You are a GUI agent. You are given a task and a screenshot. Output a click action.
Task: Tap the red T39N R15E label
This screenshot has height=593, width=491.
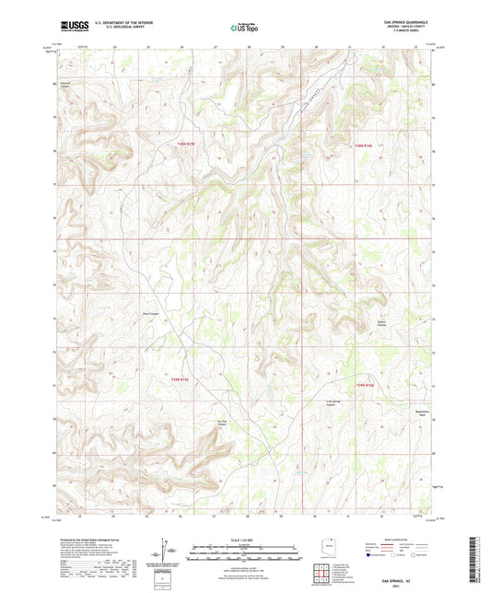(179, 378)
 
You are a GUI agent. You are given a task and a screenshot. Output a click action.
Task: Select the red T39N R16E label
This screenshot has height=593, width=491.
(367, 385)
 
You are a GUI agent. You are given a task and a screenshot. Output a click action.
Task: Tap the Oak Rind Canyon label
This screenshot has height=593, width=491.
(222, 423)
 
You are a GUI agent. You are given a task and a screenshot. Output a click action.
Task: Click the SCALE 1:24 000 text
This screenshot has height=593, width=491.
(244, 539)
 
